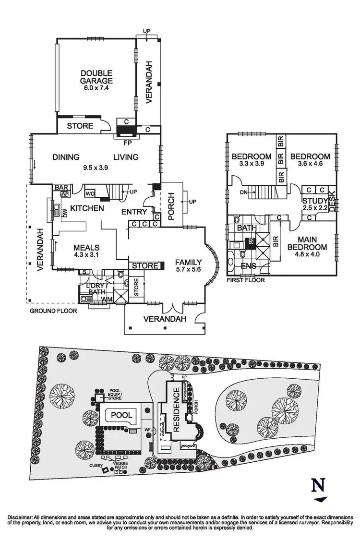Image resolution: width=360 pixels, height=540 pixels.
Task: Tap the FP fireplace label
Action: point(127,143)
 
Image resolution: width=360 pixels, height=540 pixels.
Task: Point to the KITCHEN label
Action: point(87,208)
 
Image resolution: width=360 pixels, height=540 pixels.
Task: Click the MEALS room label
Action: point(86,248)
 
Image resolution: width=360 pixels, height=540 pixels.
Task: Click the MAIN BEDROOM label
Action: point(312,243)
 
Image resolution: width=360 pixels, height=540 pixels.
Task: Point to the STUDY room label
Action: point(314,201)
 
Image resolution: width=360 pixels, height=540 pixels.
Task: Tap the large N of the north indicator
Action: point(317,486)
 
